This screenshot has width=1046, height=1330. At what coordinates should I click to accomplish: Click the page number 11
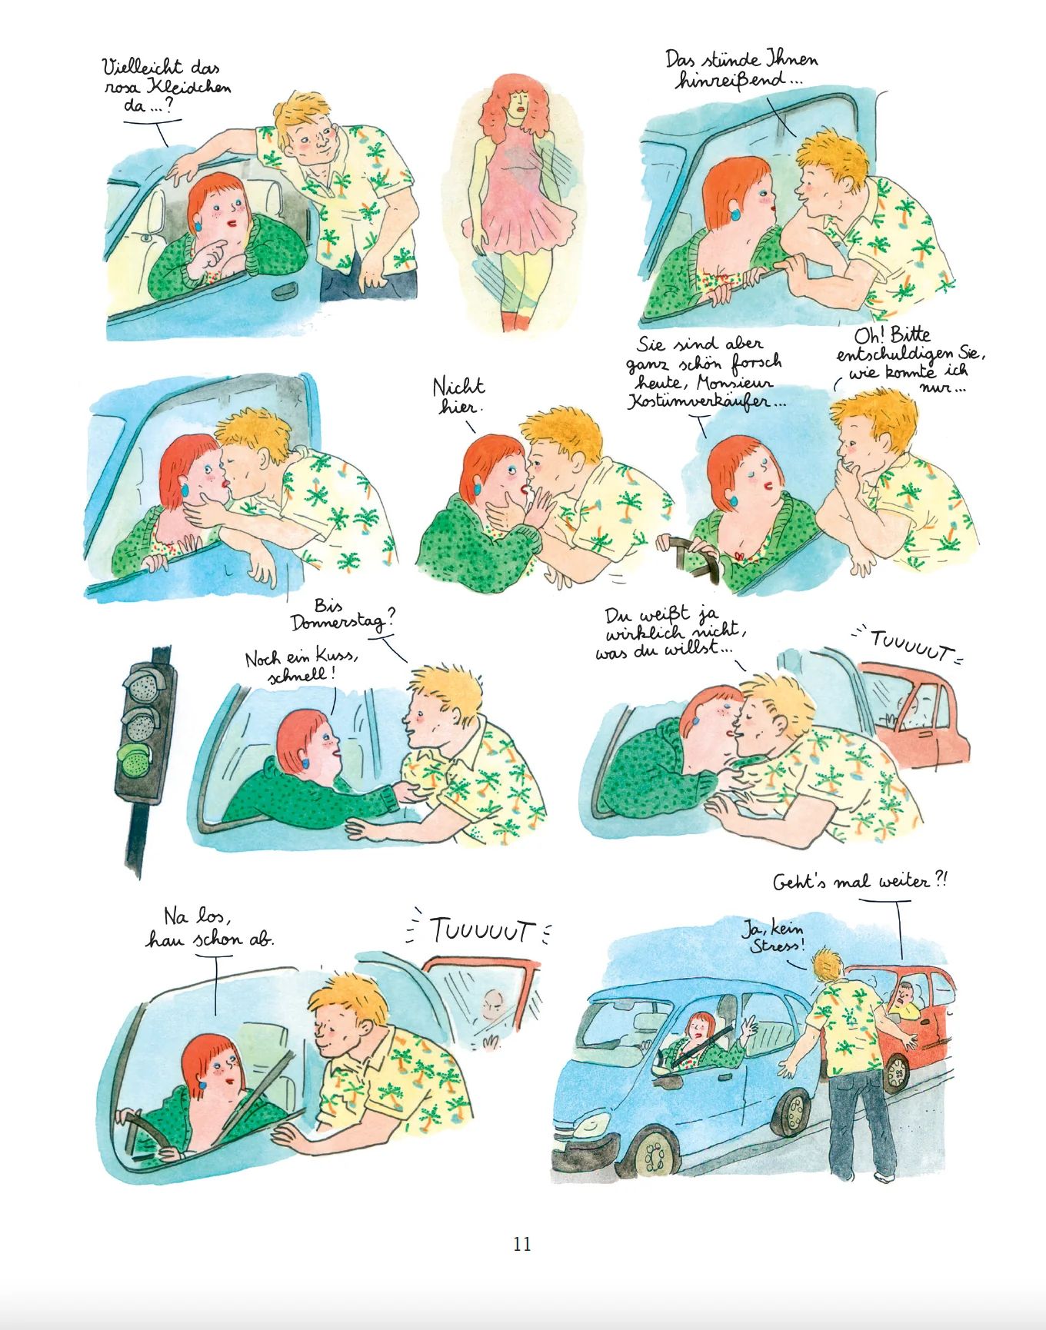522,1244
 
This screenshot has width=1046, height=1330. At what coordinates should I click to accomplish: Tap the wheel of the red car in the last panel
896,1072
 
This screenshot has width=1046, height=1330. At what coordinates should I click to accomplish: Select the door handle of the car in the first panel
286,291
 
